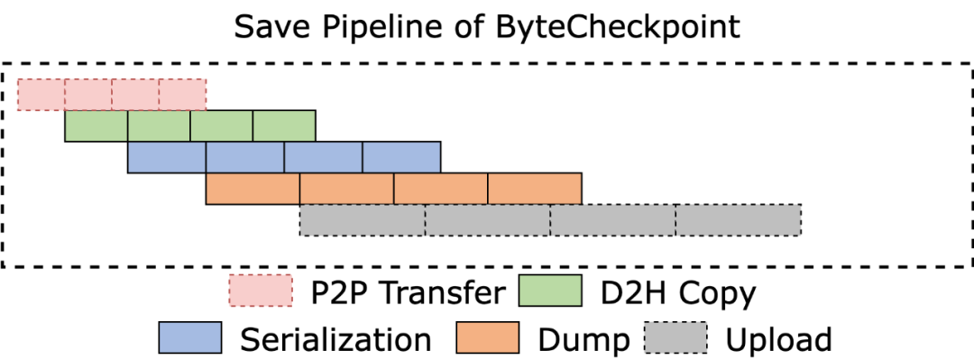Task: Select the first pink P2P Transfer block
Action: tap(41, 95)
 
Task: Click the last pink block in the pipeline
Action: tap(182, 95)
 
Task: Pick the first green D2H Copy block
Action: tap(96, 126)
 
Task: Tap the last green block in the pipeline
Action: tap(284, 126)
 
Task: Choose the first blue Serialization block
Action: tap(167, 157)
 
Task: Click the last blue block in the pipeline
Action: tap(402, 157)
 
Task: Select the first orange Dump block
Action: tap(253, 189)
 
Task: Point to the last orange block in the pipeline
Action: tap(535, 189)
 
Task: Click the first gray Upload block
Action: tap(363, 220)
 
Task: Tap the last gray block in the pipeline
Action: tap(739, 220)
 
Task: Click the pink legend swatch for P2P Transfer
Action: tap(261, 291)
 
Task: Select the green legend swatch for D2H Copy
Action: tap(550, 291)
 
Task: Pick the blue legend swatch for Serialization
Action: tap(190, 337)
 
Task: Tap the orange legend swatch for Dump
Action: tap(488, 337)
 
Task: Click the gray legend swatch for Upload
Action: tap(675, 337)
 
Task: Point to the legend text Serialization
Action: tap(335, 339)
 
